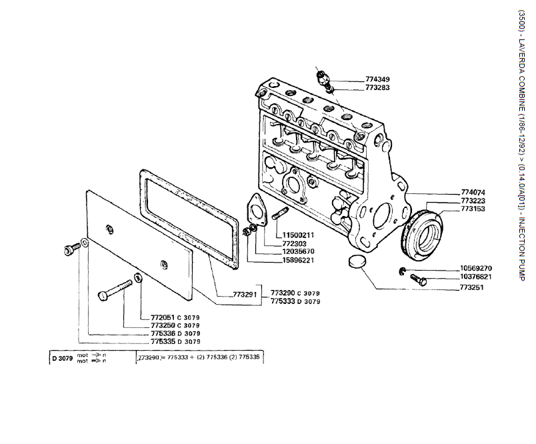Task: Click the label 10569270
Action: pyautogui.click(x=476, y=268)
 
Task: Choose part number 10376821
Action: pyautogui.click(x=476, y=277)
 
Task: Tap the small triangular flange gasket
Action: pyautogui.click(x=254, y=209)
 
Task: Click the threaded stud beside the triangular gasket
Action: pyautogui.click(x=279, y=216)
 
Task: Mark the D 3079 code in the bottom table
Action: pyautogui.click(x=62, y=359)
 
